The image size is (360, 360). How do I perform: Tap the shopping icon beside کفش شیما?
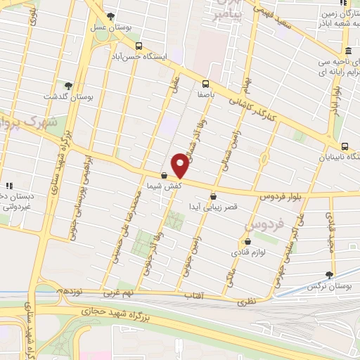[164, 176]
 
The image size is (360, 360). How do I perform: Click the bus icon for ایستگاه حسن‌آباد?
[139, 45]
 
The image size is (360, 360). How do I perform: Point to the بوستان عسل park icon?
[110, 17]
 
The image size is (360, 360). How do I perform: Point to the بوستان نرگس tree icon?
[329, 275]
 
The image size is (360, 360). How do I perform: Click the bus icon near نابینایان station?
[345, 146]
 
